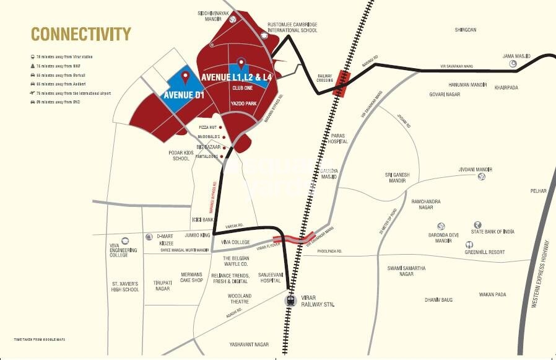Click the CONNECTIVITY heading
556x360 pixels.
(81, 33)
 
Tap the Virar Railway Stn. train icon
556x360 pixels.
(290, 301)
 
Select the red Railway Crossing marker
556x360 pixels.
(341, 84)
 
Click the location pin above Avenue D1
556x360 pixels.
(185, 77)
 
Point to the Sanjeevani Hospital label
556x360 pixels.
(270, 277)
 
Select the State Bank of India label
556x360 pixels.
(492, 232)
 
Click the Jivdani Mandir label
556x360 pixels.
(475, 169)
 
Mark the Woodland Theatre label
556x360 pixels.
(239, 299)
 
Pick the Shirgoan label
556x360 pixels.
(466, 29)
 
